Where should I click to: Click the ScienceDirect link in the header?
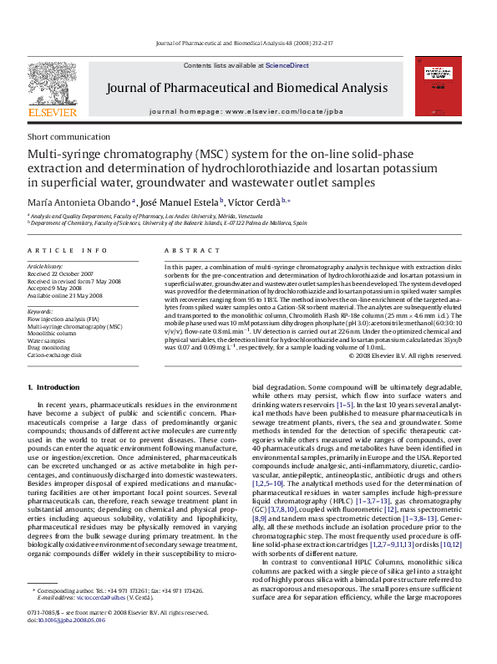tap(287, 65)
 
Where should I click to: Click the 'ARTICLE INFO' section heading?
tap(68, 250)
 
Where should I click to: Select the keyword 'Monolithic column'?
tap(53, 334)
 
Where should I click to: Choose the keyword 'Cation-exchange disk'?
tap(55, 355)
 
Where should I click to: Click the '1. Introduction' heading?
tap(53, 387)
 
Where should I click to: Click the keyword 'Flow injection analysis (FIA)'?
tap(63, 319)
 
